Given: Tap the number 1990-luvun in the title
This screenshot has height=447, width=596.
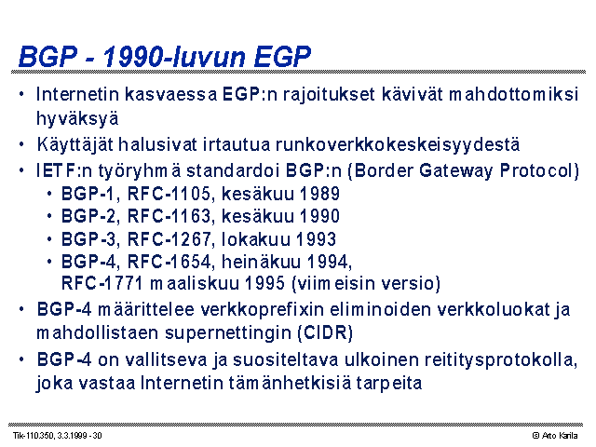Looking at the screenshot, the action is click(174, 57).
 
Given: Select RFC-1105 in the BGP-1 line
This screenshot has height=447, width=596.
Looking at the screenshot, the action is click(169, 194).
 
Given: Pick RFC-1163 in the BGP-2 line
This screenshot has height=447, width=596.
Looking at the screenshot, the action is click(169, 216).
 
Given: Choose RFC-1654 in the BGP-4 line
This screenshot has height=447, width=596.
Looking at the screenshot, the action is click(169, 262).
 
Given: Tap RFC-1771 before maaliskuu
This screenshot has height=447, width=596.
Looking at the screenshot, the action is click(102, 283).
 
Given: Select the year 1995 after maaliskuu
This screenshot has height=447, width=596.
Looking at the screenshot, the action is click(264, 283).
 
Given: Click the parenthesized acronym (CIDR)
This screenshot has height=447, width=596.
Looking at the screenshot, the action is click(325, 333).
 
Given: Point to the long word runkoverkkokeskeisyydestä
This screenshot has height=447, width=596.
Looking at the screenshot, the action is click(398, 145).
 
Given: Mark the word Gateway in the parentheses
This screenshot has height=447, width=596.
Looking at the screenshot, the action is click(455, 170).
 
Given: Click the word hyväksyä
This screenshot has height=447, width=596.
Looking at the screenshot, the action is click(77, 118).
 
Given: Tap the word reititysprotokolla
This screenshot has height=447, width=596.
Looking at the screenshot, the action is click(501, 360).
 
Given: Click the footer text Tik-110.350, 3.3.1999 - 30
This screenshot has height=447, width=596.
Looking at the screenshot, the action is click(58, 436).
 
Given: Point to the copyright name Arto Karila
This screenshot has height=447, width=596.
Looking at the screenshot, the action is click(560, 436).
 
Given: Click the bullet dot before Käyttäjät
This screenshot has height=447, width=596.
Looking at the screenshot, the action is click(21, 144).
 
